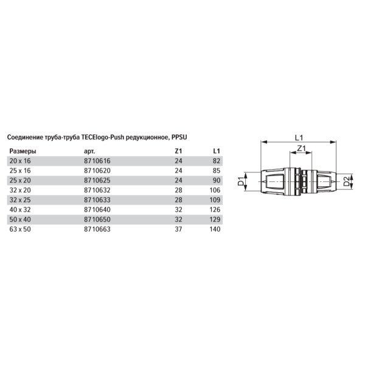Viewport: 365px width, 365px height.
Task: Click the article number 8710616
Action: tap(97, 161)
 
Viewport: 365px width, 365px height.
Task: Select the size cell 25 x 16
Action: tap(20, 170)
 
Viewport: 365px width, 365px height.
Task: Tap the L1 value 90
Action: tap(217, 181)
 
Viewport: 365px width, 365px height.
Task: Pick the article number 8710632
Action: tap(97, 190)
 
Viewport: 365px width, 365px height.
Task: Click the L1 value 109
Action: tap(215, 200)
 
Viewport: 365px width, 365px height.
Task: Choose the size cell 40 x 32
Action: tap(20, 210)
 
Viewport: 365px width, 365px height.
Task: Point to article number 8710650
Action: tap(97, 220)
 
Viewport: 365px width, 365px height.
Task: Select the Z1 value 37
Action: tap(178, 229)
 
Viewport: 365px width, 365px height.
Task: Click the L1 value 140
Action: tap(215, 229)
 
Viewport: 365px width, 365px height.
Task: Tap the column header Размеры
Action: tap(23, 151)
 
